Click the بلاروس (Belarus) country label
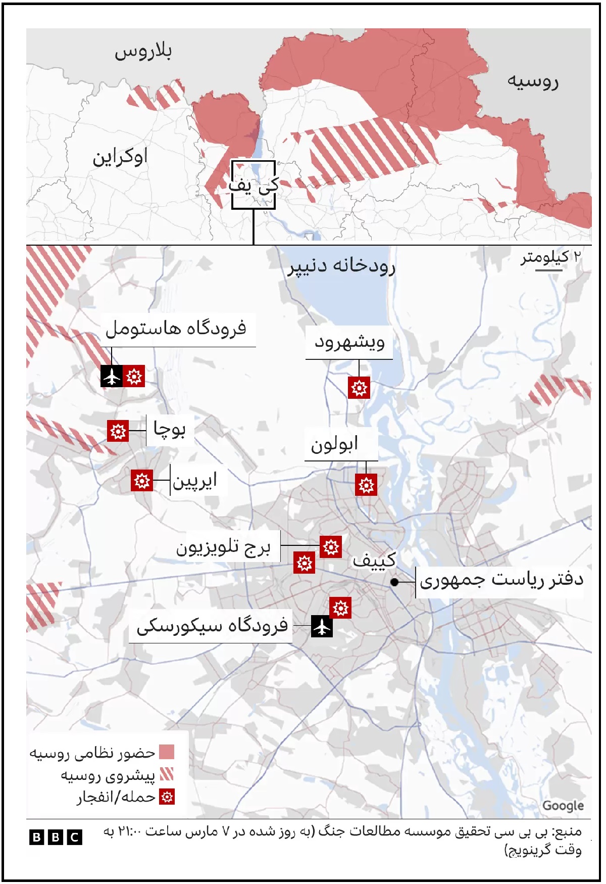tap(143, 52)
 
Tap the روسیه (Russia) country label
tap(533, 81)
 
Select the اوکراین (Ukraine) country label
tap(120, 157)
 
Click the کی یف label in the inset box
tap(254, 185)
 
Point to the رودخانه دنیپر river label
tap(341, 266)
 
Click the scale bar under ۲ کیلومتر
tap(548, 270)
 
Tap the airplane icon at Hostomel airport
tap(112, 376)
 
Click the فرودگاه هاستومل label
tap(176, 329)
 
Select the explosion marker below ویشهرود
tap(359, 388)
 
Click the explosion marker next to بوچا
tap(118, 431)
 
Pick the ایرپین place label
tap(195, 481)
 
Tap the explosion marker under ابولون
tap(366, 485)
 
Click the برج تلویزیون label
tap(223, 547)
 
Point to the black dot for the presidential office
tap(395, 582)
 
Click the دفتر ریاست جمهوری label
tap(501, 580)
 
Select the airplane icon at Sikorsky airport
tap(322, 627)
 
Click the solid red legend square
tap(167, 752)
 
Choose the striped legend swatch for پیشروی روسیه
tap(167, 774)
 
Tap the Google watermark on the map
tap(563, 806)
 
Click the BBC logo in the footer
tap(56, 838)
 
